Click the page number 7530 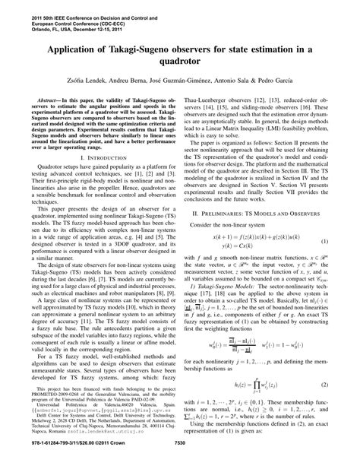180,458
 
